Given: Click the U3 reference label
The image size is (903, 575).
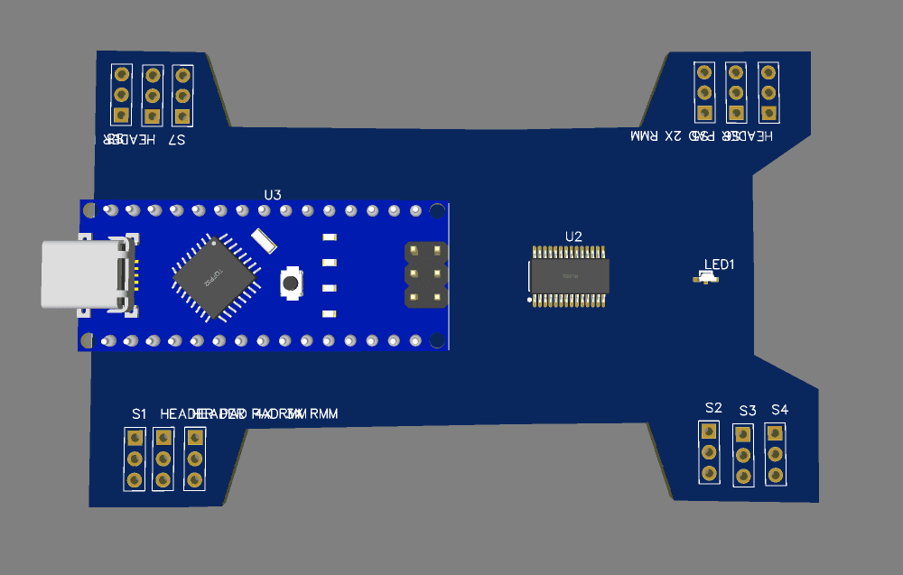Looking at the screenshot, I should click(x=273, y=195).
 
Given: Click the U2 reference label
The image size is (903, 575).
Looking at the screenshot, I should click(x=573, y=236).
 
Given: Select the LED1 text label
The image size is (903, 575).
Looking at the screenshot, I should click(x=720, y=264).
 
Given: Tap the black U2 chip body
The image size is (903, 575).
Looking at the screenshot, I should click(x=569, y=276).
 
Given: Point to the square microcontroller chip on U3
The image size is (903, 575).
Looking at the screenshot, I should click(x=215, y=277).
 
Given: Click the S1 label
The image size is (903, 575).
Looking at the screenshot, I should click(x=138, y=413).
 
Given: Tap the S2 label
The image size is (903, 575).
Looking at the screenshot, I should click(x=713, y=407).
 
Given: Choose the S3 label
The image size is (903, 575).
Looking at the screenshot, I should click(x=747, y=411).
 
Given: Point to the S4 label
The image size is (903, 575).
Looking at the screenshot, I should click(x=779, y=410).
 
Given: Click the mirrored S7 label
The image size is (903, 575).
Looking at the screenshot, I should click(x=176, y=140).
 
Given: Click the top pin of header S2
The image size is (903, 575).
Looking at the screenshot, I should click(x=710, y=430).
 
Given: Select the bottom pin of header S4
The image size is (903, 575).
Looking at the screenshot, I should click(x=775, y=475).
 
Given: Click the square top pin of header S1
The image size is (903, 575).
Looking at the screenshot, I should click(x=135, y=438).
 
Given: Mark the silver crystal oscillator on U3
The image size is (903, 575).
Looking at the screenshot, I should click(x=264, y=239).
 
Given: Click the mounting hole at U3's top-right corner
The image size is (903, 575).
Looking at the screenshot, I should click(x=437, y=211).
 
